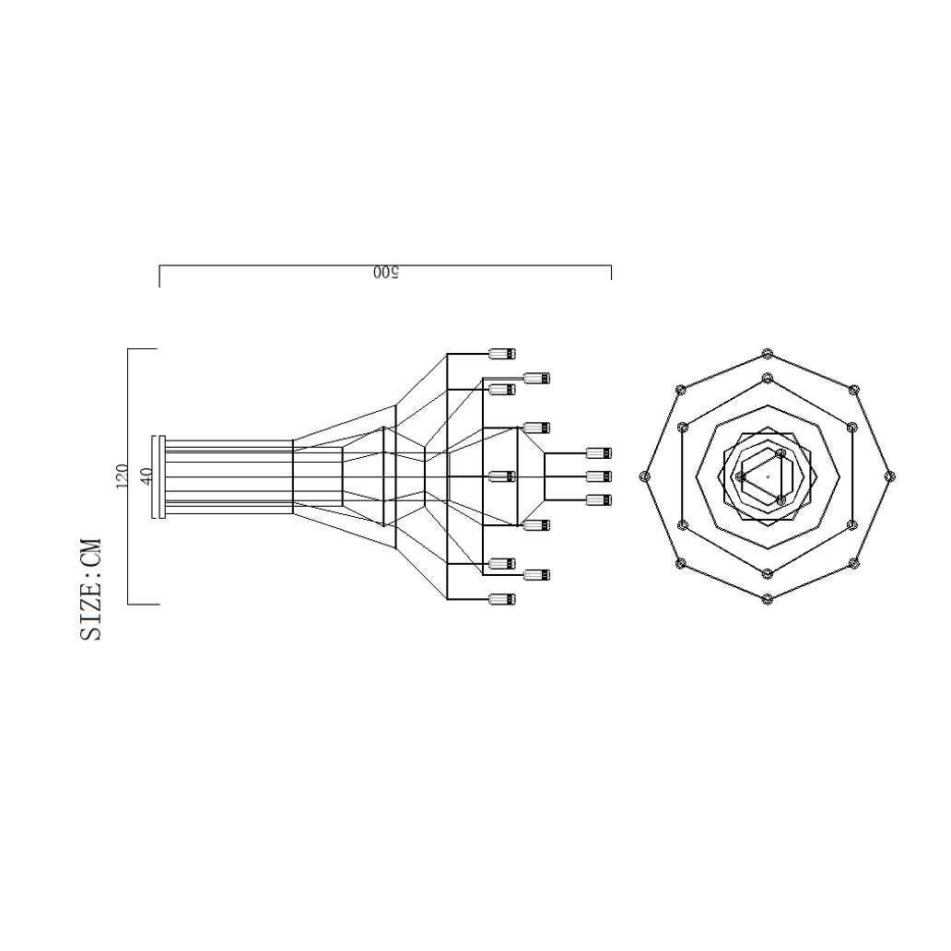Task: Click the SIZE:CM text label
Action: click(90, 588)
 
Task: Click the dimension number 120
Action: click(122, 476)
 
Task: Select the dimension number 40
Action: click(147, 476)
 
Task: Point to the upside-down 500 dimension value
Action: click(386, 273)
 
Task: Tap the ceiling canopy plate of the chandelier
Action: click(161, 476)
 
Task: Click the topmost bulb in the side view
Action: click(502, 354)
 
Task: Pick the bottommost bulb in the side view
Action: click(502, 599)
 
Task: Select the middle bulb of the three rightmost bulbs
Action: click(599, 476)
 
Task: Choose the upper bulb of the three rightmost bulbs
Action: click(599, 453)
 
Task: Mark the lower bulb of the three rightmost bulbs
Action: click(599, 500)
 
